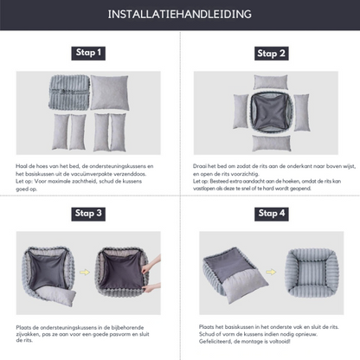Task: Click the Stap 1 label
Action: click(x=89, y=53)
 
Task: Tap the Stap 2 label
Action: click(x=270, y=53)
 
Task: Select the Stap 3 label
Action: click(x=89, y=212)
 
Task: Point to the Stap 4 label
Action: click(x=270, y=212)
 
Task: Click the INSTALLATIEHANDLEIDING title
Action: click(x=180, y=15)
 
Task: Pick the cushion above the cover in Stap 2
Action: click(x=270, y=81)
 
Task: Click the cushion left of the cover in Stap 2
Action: click(x=241, y=112)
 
